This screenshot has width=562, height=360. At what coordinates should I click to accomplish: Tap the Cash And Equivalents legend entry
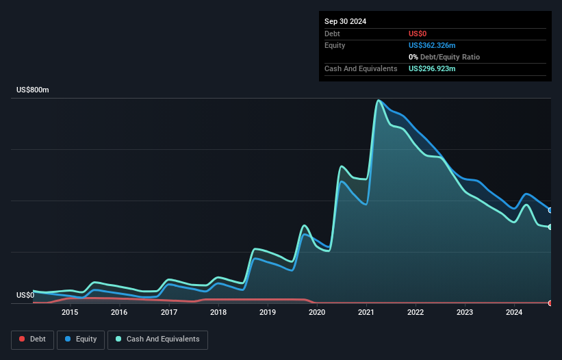157,339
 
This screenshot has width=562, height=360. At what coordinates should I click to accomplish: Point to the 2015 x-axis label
70,313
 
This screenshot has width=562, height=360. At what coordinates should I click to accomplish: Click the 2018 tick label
218,313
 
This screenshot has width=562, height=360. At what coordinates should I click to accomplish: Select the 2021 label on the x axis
366,313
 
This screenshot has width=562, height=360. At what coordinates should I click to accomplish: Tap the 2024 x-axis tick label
514,313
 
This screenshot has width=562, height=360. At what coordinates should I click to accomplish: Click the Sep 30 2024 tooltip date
345,21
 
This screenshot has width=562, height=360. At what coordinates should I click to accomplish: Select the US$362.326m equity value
432,45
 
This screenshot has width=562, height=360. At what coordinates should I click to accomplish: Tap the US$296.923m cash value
432,68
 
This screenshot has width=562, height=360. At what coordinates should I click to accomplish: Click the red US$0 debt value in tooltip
418,34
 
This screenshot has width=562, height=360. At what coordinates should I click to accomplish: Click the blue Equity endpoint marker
550,210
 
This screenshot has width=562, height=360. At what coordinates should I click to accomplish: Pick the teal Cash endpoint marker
550,227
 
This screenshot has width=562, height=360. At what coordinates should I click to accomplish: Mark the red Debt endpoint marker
550,303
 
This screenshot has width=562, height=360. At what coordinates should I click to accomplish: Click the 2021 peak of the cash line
378,101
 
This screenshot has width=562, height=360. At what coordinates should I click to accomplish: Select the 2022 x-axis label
416,313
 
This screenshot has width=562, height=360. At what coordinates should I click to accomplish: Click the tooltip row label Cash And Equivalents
361,68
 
